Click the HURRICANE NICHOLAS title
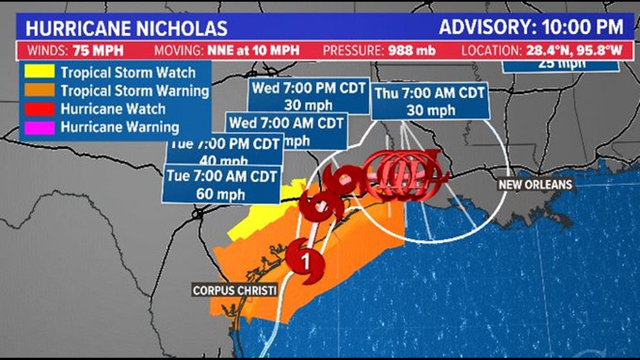(126, 28)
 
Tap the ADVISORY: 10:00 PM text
(531, 27)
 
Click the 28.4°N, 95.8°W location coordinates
(574, 51)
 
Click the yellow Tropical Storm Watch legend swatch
(39, 72)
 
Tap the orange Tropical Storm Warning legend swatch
(39, 90)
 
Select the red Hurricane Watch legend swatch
(39, 108)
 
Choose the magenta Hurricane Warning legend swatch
(39, 127)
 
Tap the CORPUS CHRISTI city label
(235, 290)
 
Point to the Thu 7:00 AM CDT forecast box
(429, 101)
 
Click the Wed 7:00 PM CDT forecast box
(308, 95)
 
